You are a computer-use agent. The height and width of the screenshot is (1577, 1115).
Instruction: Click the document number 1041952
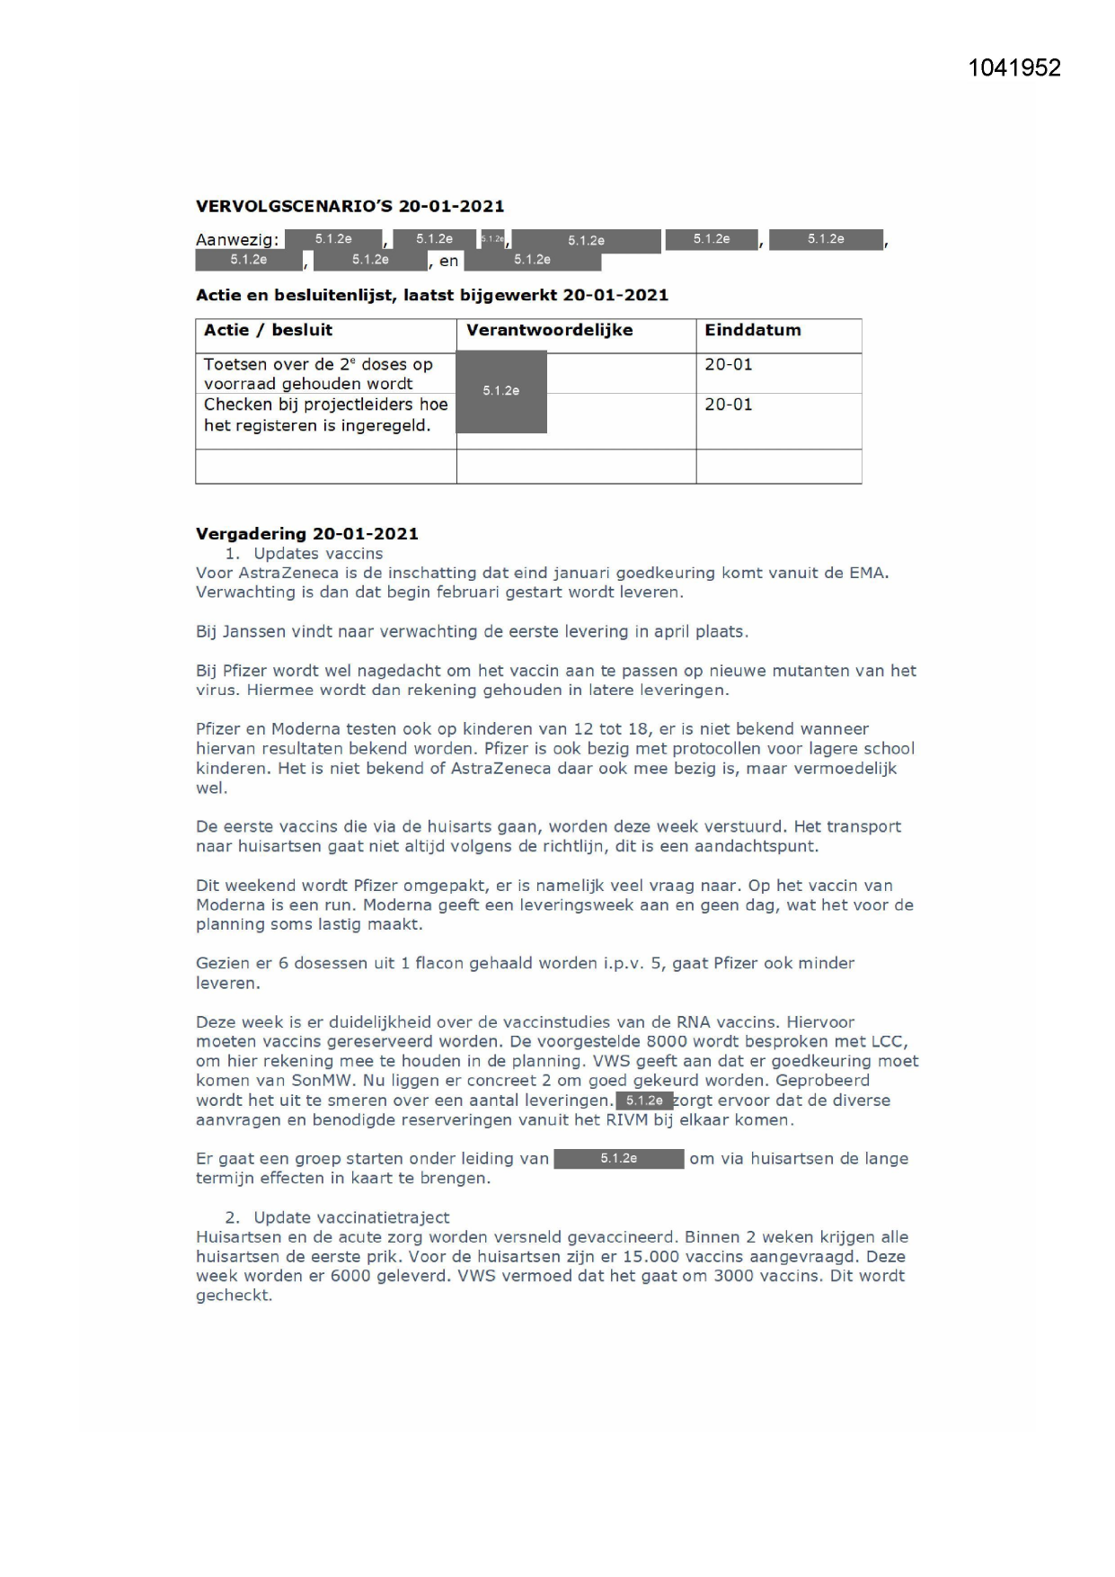(x=1014, y=68)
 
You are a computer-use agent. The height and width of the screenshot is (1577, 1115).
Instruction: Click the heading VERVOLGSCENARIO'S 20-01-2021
(x=350, y=206)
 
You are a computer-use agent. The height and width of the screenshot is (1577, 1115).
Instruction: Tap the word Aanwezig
(x=236, y=240)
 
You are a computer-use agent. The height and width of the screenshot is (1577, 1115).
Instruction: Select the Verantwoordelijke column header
(x=549, y=330)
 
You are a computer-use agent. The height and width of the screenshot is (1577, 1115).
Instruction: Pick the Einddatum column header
(x=752, y=330)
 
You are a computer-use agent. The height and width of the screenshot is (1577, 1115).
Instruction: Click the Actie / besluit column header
(x=268, y=330)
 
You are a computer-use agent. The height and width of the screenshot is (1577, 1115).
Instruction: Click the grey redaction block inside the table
(x=501, y=391)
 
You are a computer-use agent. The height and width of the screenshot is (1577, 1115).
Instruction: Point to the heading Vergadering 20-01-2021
(x=306, y=533)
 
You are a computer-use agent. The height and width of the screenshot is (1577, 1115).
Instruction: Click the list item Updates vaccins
(x=318, y=553)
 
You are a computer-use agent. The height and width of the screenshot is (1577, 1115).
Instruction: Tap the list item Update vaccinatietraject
(x=351, y=1217)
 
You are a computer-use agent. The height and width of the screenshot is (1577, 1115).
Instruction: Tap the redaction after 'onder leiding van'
(x=618, y=1159)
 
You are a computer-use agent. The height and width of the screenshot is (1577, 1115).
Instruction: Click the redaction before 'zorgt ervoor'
(x=644, y=1100)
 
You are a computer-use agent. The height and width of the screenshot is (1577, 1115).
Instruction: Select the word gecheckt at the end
(x=234, y=1296)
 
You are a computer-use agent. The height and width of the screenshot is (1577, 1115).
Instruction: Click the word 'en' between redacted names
(x=448, y=261)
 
